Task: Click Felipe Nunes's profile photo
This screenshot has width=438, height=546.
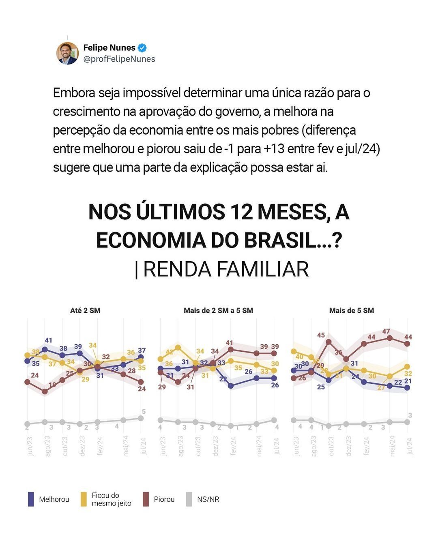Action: pos(67,53)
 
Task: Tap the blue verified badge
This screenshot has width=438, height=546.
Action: pos(142,48)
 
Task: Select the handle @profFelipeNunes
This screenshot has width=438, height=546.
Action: pos(119,59)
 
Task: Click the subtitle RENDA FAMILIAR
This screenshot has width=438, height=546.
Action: pos(226,269)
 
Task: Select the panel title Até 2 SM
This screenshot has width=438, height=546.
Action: pos(85,311)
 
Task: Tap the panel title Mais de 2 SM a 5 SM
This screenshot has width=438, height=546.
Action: pos(218,311)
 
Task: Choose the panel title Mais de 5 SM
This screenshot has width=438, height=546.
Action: pos(352,311)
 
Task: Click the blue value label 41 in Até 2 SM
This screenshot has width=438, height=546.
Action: pos(49,340)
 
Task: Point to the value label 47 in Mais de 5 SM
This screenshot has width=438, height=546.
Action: pos(386,331)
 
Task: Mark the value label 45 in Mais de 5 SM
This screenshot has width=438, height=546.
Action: pos(321,335)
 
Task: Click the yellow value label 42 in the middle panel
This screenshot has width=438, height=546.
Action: pos(170,352)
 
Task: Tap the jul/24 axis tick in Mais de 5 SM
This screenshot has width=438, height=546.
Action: pos(409,446)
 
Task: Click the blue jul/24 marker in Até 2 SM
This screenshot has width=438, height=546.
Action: pos(141,357)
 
